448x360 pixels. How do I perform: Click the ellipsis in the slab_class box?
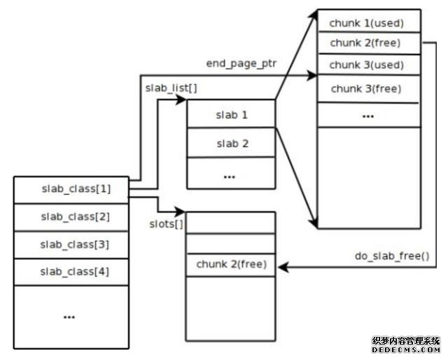click(x=69, y=317)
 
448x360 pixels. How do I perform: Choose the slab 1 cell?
click(x=232, y=114)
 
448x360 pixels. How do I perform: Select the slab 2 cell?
click(x=232, y=144)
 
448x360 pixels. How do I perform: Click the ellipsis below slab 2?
click(x=230, y=176)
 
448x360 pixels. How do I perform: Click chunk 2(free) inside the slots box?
click(x=231, y=265)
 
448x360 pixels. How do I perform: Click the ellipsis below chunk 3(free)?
click(x=367, y=115)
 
